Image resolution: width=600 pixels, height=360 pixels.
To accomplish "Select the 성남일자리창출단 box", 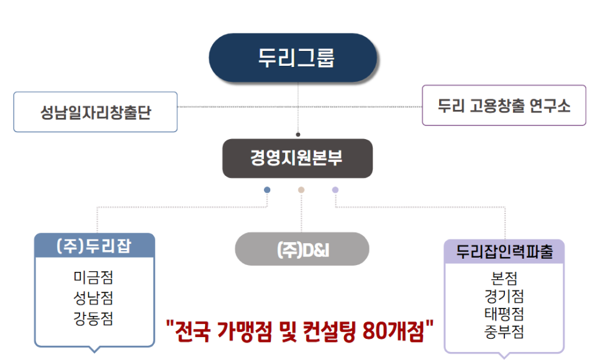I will click(96, 112).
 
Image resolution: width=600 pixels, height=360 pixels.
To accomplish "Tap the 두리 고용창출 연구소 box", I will click(504, 106).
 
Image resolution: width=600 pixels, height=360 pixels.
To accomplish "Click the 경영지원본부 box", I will click(297, 158).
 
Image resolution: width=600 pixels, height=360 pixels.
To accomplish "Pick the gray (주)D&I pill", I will click(302, 249).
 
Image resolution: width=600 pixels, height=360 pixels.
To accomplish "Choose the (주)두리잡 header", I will click(94, 244).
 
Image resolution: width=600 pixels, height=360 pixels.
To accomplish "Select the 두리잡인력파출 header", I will click(504, 251).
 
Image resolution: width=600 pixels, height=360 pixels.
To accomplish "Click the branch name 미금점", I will click(93, 277).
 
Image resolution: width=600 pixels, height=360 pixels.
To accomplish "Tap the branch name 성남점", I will click(93, 298).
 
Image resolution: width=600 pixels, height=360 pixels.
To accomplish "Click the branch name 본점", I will click(504, 277).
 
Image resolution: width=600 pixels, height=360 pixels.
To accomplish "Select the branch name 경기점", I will click(504, 295).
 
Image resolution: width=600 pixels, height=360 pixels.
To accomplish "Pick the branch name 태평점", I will click(504, 313).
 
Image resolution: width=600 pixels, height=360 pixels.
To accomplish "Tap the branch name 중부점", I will click(504, 331).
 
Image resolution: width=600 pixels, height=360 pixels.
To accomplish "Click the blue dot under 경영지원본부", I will click(267, 190).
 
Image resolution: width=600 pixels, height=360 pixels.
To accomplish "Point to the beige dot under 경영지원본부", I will click(301, 190).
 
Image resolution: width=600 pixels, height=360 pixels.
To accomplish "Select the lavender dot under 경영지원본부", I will click(335, 190).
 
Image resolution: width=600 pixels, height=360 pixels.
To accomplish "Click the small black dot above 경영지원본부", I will click(298, 134).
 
